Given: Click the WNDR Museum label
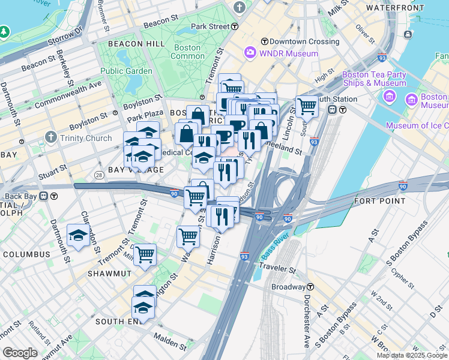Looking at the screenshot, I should [281, 53].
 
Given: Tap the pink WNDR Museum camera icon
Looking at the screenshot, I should [250, 53].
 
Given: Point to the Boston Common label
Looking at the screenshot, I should [187, 52].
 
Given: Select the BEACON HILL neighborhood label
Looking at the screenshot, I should [134, 44].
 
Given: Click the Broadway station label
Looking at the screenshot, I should [289, 287].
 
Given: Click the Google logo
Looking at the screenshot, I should [20, 353].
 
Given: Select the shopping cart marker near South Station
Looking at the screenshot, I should [307, 107].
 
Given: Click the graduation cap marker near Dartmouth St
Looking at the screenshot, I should [78, 236].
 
